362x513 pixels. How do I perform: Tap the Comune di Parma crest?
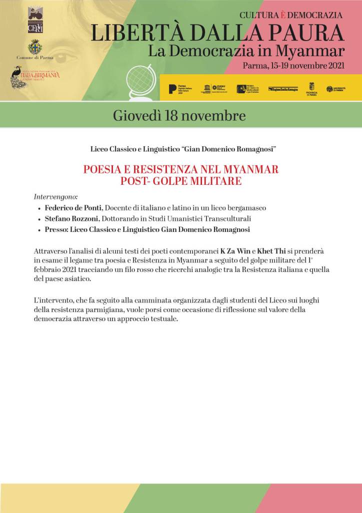point(35,47)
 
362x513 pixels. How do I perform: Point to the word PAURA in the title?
point(307,33)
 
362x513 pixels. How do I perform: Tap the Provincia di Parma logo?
point(311,89)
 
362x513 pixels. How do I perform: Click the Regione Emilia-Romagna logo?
point(283,89)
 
